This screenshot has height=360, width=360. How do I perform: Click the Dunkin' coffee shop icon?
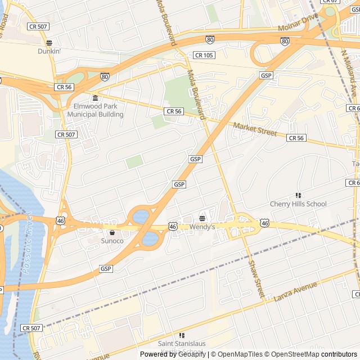coord(49,43)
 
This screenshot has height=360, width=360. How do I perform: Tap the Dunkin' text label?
coord(49,51)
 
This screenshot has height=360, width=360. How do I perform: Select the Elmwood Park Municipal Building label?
coord(95,110)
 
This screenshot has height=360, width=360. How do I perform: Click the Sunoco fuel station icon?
coord(112,232)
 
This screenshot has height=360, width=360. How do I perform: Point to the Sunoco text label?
coord(112,241)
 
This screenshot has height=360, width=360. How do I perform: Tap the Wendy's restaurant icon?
coord(202,218)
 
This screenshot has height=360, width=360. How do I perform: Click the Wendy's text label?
coord(202,227)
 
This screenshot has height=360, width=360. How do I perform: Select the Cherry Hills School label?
coord(298,204)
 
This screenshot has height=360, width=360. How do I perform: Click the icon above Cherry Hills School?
coord(298,195)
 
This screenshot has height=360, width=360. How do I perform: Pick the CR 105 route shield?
coord(204,55)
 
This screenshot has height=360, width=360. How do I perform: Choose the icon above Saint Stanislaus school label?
coord(182,335)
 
